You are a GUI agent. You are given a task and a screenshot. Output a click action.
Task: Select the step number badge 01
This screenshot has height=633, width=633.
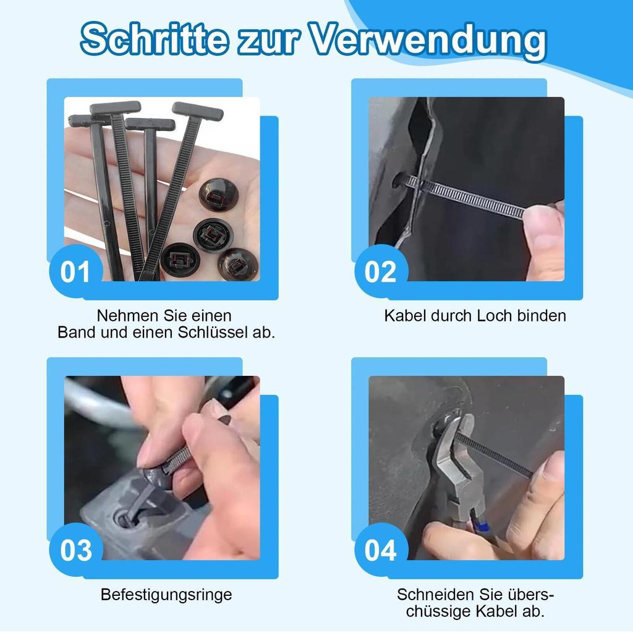pos(75,271)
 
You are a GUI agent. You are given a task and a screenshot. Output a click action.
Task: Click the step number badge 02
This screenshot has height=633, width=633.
pos(381,271)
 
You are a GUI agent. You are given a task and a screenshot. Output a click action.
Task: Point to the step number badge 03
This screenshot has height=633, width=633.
pos(75,550)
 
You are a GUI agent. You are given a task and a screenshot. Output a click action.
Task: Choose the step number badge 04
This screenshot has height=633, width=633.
pos(381,550)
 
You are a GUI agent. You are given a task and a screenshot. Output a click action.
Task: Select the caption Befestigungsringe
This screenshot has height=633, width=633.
pos(166,595)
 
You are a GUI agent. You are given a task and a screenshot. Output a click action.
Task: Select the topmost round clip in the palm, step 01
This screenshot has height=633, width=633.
pos(219,194)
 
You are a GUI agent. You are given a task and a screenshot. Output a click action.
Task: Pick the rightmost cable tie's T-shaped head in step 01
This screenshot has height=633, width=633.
pos(197,111)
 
